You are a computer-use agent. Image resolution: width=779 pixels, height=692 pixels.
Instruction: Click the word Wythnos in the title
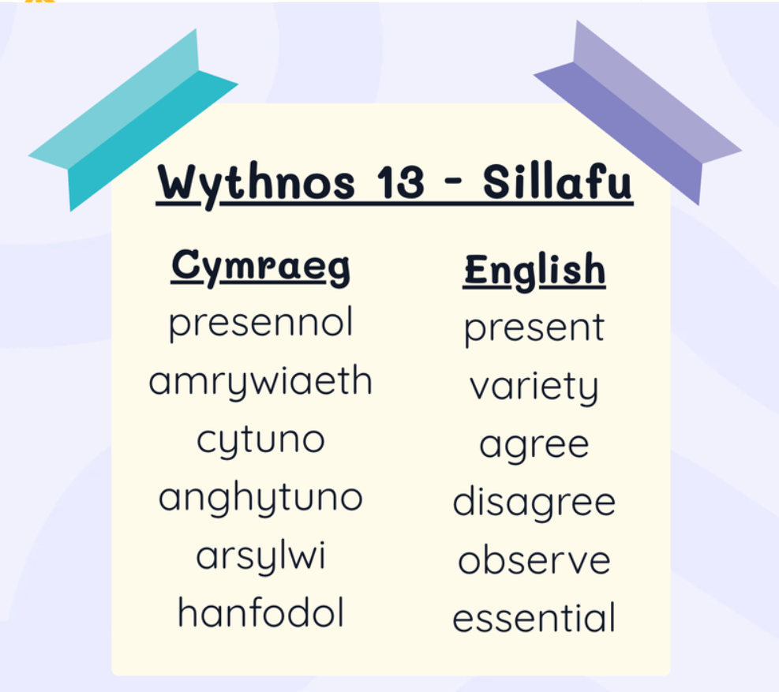[256, 185]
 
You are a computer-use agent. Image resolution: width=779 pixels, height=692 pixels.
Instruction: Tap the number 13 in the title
[400, 181]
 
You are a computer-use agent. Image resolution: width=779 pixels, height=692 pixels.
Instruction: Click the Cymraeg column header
[260, 267]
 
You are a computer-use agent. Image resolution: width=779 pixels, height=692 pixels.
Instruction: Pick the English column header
[534, 271]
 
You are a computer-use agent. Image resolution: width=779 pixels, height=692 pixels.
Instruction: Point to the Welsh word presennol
[260, 324]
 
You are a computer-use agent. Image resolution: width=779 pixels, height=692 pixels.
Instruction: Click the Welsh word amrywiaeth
[260, 382]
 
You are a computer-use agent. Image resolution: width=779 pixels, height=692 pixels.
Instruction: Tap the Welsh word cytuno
[260, 441]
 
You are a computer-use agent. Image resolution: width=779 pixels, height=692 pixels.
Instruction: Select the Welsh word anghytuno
[260, 498]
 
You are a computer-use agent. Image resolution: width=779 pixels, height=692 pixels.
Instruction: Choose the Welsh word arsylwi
[260, 556]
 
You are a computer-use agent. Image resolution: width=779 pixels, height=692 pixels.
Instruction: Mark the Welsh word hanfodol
[260, 613]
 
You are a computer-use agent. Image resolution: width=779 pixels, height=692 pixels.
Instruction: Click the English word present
[534, 329]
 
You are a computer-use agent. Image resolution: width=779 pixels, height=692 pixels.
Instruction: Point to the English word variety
[534, 387]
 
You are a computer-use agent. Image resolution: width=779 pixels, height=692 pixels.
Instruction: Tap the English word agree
[534, 446]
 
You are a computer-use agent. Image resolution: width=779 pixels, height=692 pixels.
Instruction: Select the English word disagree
[534, 503]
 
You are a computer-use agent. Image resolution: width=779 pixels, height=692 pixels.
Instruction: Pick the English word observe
[534, 560]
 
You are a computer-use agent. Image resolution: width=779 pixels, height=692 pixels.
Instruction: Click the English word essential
[534, 618]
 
